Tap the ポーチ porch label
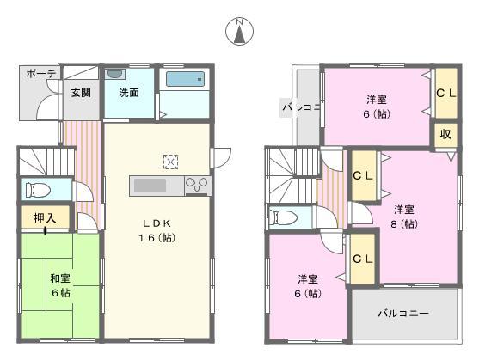[40, 75]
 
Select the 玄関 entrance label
[81, 92]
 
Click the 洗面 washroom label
[129, 92]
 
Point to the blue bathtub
[185, 80]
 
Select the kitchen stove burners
[196, 186]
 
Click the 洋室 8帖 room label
[405, 216]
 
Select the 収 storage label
[446, 134]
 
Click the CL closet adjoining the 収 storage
[446, 94]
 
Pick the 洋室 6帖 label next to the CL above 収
[374, 106]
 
